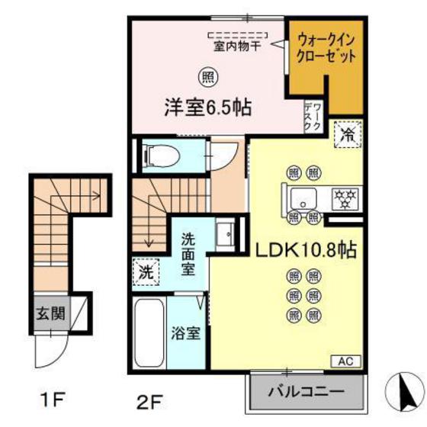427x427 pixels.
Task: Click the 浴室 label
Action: (x=186, y=332)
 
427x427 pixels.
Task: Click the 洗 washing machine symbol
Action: (x=144, y=271)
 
